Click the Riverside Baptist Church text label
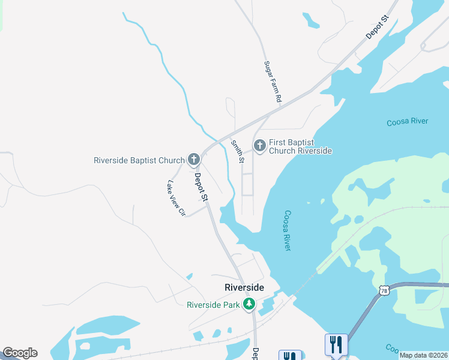coord(139,160)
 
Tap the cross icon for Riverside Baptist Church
coord(193,159)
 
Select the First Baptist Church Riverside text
coord(300,146)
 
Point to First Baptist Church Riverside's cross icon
coord(260,145)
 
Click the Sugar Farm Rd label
coord(273,82)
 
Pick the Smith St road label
coord(238,151)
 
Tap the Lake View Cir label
coord(177,198)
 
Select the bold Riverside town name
coord(244,287)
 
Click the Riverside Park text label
coord(213,305)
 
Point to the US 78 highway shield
coord(384,290)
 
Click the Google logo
coord(20,353)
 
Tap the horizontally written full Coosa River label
coord(408,122)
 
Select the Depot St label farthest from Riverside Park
coord(378,28)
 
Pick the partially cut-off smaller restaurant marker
coord(289,355)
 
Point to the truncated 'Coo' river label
coord(392,348)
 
